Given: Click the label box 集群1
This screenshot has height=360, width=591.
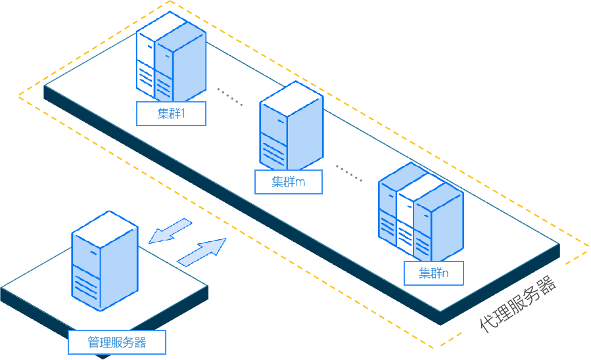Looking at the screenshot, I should pyautogui.click(x=171, y=114).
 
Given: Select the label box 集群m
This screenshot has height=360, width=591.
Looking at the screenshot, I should pyautogui.click(x=289, y=182).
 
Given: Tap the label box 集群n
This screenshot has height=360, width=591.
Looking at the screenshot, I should pyautogui.click(x=433, y=273).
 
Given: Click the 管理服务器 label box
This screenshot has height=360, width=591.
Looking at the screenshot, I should pyautogui.click(x=117, y=342).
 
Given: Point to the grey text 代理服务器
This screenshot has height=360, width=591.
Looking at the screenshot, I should pyautogui.click(x=519, y=305).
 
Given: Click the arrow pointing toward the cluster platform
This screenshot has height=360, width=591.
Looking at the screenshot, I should pyautogui.click(x=202, y=252).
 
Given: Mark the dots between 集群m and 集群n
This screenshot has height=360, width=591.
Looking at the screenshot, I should pyautogui.click(x=349, y=172).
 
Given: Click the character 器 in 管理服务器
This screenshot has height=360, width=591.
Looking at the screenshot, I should pyautogui.click(x=139, y=342).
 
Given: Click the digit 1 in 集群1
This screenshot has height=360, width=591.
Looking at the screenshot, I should pyautogui.click(x=183, y=114).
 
